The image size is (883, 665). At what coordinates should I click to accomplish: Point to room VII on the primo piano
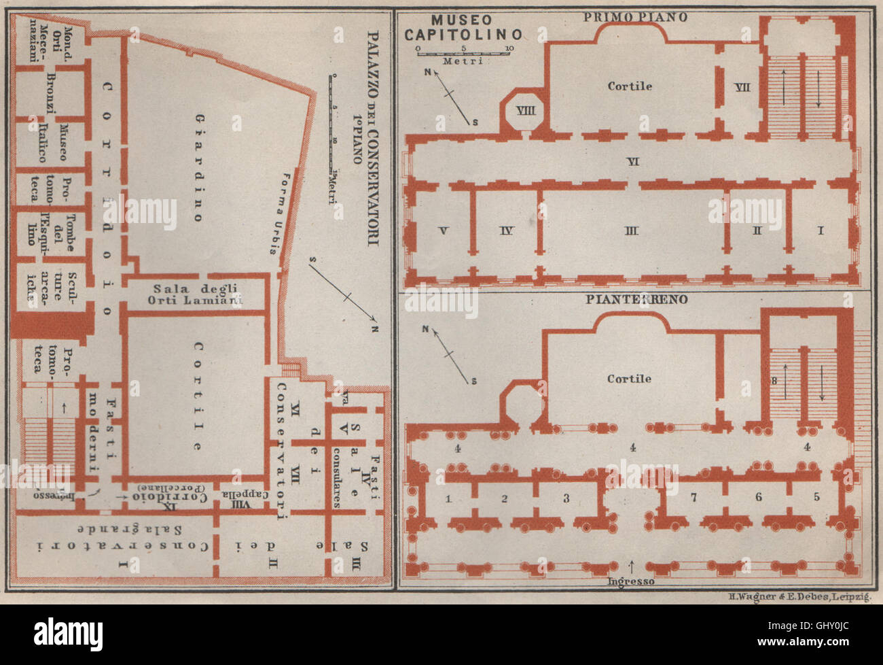coord(742,88)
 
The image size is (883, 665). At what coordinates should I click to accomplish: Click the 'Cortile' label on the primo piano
coord(630,86)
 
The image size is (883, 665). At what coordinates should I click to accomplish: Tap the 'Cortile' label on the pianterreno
coord(630,379)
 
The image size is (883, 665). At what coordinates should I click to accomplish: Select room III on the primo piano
coord(632,231)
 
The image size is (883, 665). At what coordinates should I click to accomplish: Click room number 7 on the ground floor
coord(693,497)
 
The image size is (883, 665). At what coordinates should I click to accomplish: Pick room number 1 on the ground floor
coord(448,498)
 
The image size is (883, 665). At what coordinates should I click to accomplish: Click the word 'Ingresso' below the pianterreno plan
coord(631,581)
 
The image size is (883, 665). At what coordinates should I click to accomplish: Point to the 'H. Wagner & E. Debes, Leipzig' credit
coord(799,596)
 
